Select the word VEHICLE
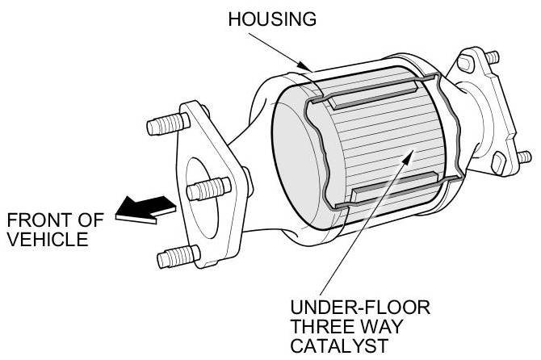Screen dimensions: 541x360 (42, 239)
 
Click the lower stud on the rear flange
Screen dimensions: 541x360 (522, 156)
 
